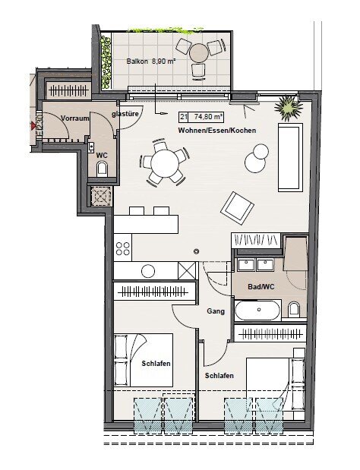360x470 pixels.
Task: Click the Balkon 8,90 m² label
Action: click(151, 62)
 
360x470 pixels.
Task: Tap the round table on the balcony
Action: click(198, 53)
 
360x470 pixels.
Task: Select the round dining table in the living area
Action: click(164, 163)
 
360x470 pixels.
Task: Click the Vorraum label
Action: click(75, 118)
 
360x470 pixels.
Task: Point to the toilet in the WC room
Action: click(102, 169)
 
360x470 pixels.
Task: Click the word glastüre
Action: click(125, 114)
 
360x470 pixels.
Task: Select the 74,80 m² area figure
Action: click(208, 117)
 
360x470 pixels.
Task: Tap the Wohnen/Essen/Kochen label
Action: click(217, 131)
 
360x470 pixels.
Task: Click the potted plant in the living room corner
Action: click(289, 108)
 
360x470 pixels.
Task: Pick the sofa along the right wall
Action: click(290, 157)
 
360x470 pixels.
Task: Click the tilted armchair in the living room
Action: click(237, 207)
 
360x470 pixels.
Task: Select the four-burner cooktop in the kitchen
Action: click(123, 248)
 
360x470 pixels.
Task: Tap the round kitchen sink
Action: click(148, 271)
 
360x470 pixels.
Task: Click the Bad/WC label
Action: click(261, 287)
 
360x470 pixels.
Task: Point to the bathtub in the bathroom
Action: click(257, 310)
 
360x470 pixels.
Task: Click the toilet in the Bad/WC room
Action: click(293, 310)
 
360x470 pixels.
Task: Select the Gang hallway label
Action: click(216, 311)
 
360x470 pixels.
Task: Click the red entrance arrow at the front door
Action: click(33, 126)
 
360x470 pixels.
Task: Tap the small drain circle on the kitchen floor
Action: click(197, 251)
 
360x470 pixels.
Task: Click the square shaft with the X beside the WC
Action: click(101, 196)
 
